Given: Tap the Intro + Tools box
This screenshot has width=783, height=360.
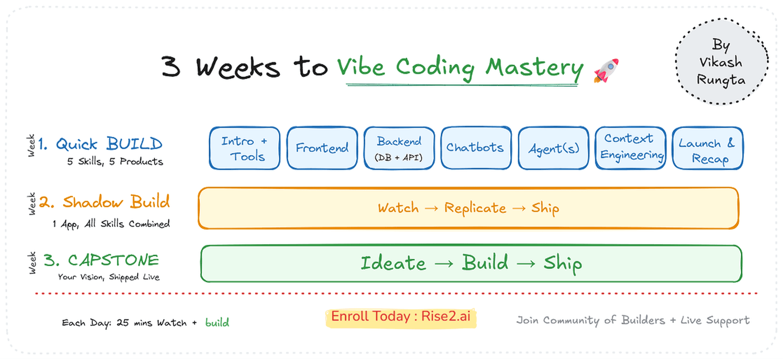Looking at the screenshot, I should click(x=245, y=148).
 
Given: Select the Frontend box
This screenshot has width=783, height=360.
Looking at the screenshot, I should click(x=322, y=148).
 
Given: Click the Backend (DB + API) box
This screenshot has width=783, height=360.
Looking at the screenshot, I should click(x=399, y=148).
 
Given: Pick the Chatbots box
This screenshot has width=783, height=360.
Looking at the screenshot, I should click(x=476, y=148).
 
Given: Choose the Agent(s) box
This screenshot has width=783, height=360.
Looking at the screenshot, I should click(x=554, y=148).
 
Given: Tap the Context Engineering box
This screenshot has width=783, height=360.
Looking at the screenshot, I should click(x=631, y=148).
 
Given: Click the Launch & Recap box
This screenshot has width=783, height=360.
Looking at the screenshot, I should click(x=708, y=148).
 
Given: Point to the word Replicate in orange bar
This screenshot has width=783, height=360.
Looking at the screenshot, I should click(x=475, y=208).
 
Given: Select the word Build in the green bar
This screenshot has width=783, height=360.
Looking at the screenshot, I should click(x=485, y=263).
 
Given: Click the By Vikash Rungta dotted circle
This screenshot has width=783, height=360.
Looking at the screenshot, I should click(x=721, y=63).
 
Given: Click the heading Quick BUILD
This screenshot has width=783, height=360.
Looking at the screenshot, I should click(x=109, y=144).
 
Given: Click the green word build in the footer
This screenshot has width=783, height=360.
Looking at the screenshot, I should click(x=217, y=323).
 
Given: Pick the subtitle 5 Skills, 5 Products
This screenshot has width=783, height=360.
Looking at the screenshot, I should click(x=115, y=162).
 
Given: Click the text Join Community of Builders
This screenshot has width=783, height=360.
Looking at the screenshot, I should click(x=590, y=320).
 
